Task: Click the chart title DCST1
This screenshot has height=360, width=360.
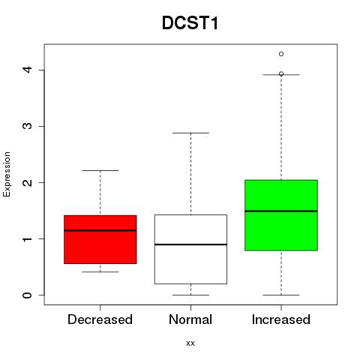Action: [190, 23]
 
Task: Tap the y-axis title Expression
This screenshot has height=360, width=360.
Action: [7, 174]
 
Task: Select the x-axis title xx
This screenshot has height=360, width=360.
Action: [190, 343]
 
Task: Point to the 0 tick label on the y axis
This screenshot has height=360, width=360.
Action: [28, 295]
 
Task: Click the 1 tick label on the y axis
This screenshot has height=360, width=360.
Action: [28, 239]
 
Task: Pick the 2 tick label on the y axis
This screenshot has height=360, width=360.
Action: [28, 182]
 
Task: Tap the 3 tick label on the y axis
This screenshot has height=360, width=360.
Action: [28, 126]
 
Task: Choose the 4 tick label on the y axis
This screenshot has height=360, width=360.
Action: [28, 70]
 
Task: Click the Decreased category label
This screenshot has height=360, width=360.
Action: [100, 319]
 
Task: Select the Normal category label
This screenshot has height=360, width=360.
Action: [190, 319]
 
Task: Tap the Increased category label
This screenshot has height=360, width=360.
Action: [281, 319]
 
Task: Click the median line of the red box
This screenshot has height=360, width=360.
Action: [100, 230]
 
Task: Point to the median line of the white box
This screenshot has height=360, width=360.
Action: [190, 244]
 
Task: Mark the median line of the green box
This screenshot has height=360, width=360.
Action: [281, 211]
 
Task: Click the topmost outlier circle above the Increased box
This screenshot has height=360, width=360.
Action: [281, 54]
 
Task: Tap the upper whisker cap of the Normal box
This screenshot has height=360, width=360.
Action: [190, 133]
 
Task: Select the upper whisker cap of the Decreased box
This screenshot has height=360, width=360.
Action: [100, 170]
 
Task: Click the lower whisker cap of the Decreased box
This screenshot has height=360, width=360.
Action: [100, 271]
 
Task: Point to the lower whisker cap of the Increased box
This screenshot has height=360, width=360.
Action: [281, 295]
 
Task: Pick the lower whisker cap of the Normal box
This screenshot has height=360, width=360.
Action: [190, 295]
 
